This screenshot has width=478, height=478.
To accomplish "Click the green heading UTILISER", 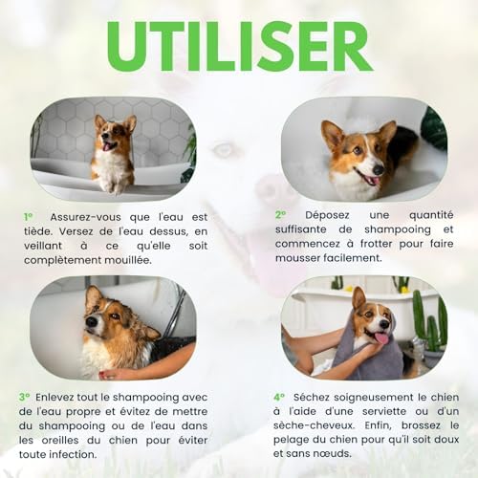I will (239, 45).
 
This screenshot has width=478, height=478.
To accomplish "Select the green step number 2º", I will (281, 215).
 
